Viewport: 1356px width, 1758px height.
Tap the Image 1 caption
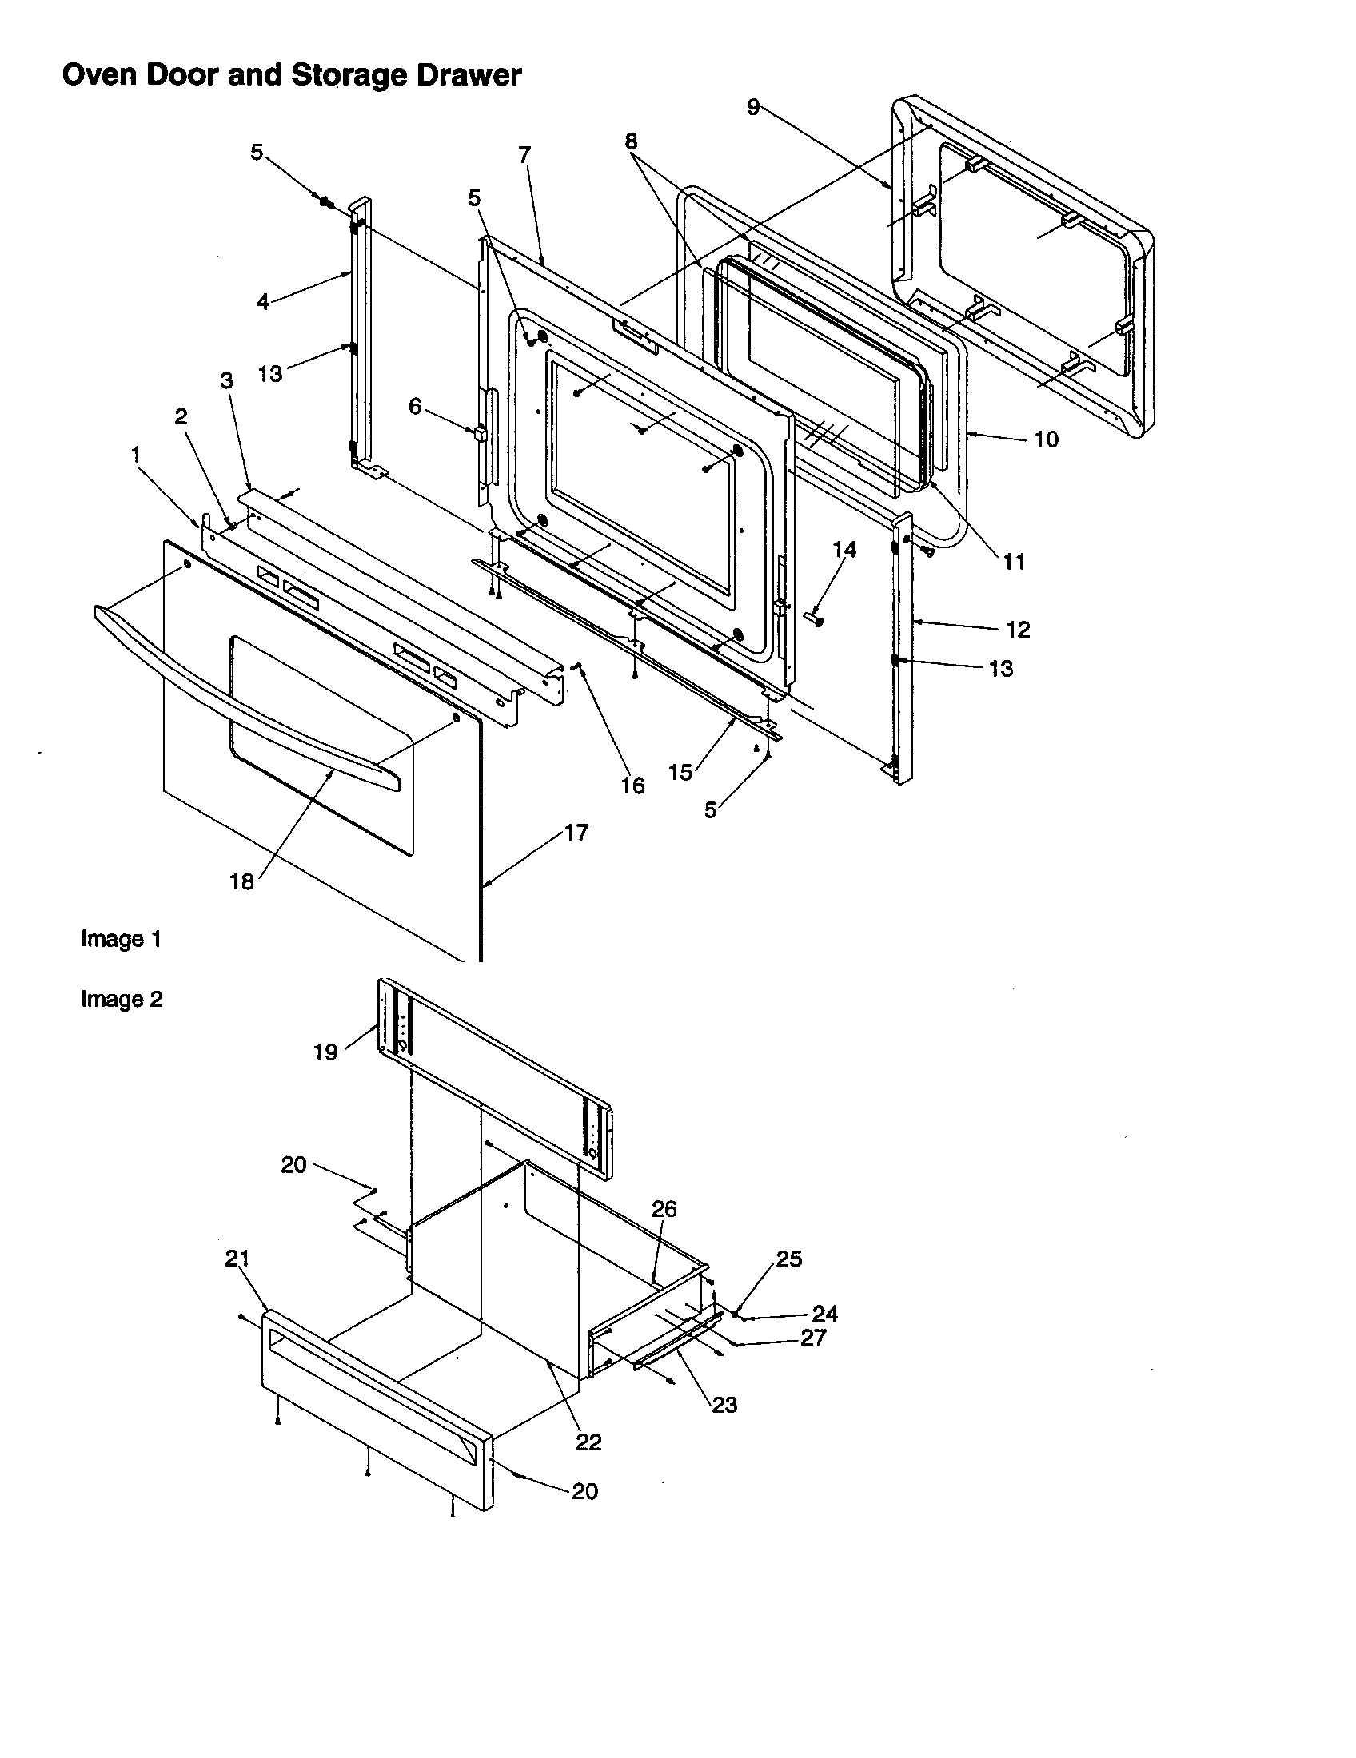(x=122, y=939)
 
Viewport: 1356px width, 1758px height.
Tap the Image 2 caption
(x=122, y=999)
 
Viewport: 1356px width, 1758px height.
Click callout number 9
(x=753, y=106)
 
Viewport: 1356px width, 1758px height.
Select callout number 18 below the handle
(x=241, y=881)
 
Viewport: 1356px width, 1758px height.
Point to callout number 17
(x=576, y=832)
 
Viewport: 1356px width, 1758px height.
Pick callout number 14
(x=844, y=549)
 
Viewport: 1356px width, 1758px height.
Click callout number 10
(x=1046, y=439)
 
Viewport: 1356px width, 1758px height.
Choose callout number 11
(x=1014, y=561)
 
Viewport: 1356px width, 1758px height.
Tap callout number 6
(x=415, y=407)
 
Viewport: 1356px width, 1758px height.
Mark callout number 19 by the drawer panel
(x=325, y=1052)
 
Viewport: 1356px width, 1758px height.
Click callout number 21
(x=237, y=1258)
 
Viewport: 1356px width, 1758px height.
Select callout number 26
(x=664, y=1209)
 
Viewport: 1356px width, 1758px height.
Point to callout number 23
(x=724, y=1405)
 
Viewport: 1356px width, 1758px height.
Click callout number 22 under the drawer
(x=588, y=1442)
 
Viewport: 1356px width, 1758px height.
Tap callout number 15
(x=680, y=772)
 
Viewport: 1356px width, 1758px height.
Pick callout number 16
(x=633, y=786)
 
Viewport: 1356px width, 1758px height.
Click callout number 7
(x=525, y=154)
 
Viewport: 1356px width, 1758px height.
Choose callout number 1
(x=136, y=455)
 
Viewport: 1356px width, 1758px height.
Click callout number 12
(x=1018, y=630)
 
